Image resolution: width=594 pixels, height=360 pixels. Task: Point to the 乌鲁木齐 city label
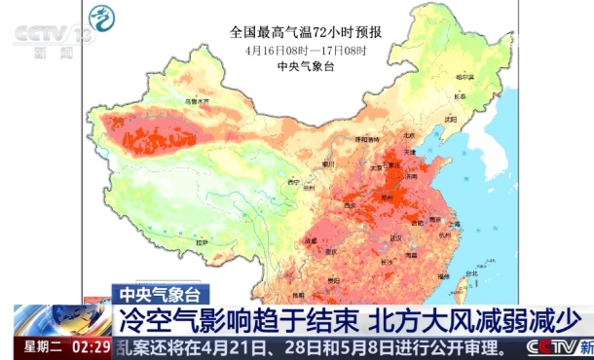[x=198, y=100]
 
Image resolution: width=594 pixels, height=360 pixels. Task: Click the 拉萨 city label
[x=202, y=241]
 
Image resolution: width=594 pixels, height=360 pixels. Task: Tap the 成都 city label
[x=311, y=239]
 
